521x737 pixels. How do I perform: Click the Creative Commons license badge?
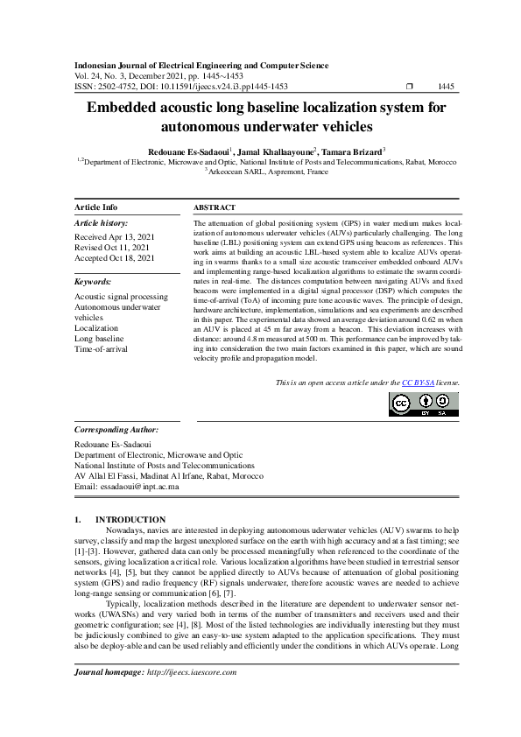point(424,404)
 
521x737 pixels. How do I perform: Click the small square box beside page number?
point(410,87)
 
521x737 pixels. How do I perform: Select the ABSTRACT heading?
point(214,207)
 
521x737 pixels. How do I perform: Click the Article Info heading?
point(96,207)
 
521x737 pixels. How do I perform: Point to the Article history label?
point(102,224)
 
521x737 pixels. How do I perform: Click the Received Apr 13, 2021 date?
point(115,237)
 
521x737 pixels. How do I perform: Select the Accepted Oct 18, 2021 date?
point(115,258)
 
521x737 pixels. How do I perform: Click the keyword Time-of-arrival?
point(102,348)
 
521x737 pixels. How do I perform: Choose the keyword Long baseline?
point(99,338)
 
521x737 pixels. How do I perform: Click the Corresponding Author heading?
point(116,430)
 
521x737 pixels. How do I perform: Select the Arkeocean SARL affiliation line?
point(267,172)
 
